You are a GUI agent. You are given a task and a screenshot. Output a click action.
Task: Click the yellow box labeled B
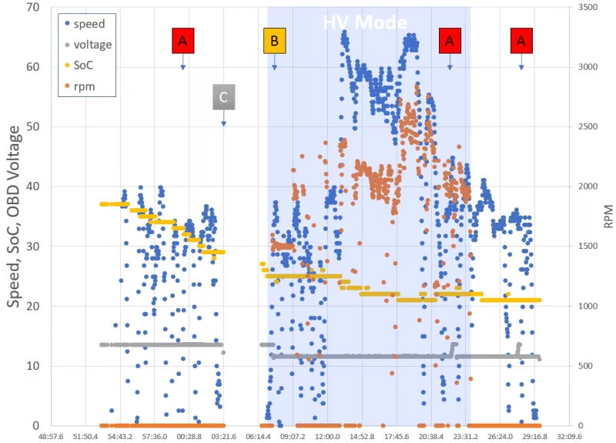(x=275, y=39)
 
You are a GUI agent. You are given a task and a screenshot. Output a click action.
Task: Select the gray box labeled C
(x=223, y=97)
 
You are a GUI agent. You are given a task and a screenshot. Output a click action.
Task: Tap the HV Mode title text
(x=363, y=22)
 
